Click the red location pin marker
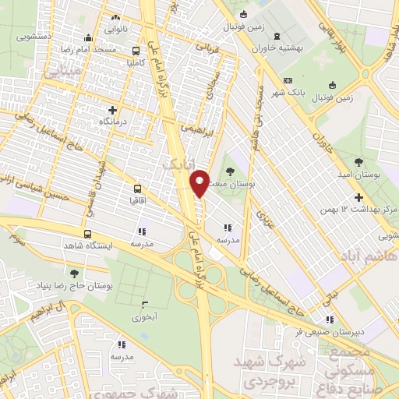(x=199, y=182)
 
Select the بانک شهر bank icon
(x=288, y=82)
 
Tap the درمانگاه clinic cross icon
(x=113, y=110)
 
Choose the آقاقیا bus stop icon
(x=138, y=189)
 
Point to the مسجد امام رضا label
(x=116, y=49)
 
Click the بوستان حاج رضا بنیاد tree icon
(x=73, y=273)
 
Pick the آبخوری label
(x=144, y=316)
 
